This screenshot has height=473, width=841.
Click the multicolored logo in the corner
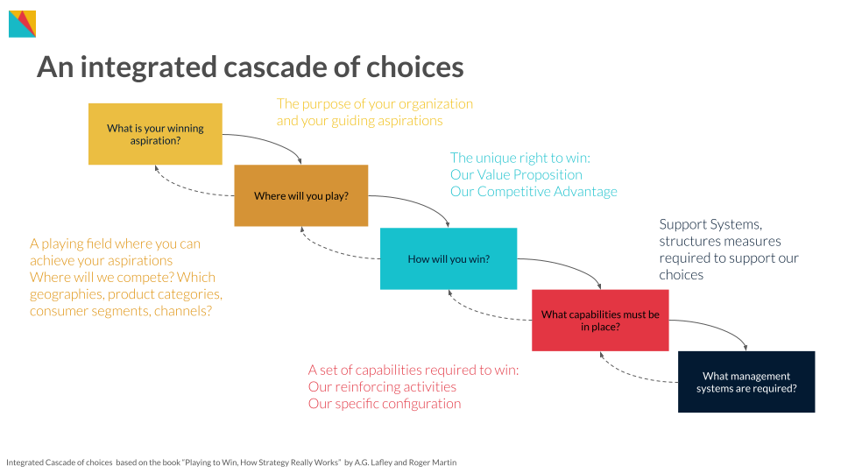tap(23, 25)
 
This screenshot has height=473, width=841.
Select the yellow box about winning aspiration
tap(156, 134)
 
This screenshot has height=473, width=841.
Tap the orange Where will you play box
tap(301, 195)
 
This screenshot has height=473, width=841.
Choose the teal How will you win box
tap(449, 259)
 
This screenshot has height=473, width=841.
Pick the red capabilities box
tap(601, 321)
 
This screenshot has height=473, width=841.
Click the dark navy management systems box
tap(746, 382)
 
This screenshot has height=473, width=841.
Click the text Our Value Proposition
tap(516, 175)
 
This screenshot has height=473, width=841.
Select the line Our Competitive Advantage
tap(534, 192)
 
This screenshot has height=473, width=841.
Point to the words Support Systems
tap(710, 224)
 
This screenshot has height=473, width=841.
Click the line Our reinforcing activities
tap(382, 386)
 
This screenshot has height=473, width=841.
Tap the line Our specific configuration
tap(384, 404)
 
